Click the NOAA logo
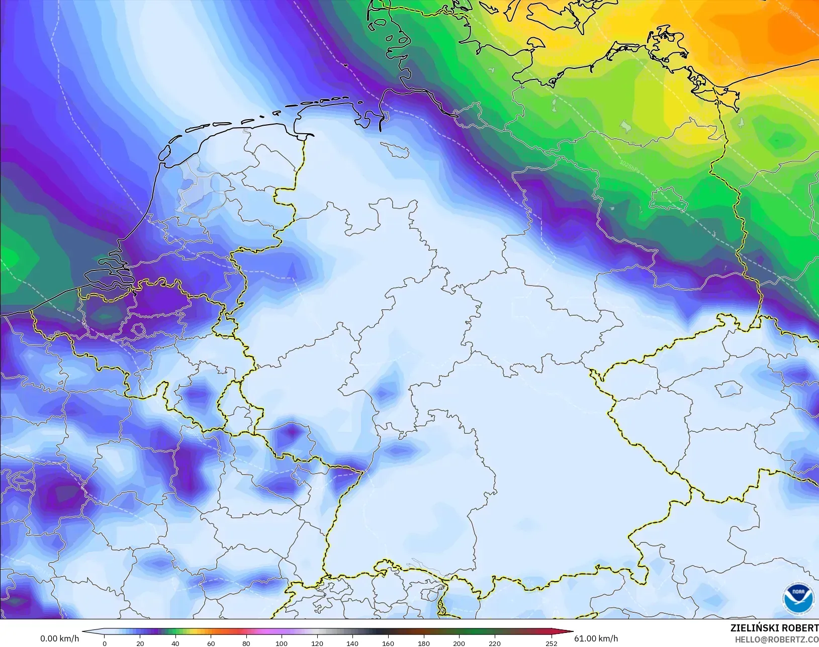click(x=798, y=598)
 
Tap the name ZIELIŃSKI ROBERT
click(x=774, y=628)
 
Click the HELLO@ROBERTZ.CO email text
click(x=776, y=639)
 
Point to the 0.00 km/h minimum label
click(x=59, y=638)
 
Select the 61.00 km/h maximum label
click(x=596, y=638)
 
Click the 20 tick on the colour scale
click(x=140, y=643)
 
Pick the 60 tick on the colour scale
click(x=211, y=643)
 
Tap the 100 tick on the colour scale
click(x=282, y=643)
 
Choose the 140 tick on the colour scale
click(x=352, y=643)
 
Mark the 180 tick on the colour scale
click(x=423, y=643)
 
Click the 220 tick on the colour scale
click(x=494, y=643)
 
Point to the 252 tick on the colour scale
click(x=551, y=643)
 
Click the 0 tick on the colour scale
click(x=105, y=643)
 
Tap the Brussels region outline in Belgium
click(x=138, y=330)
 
